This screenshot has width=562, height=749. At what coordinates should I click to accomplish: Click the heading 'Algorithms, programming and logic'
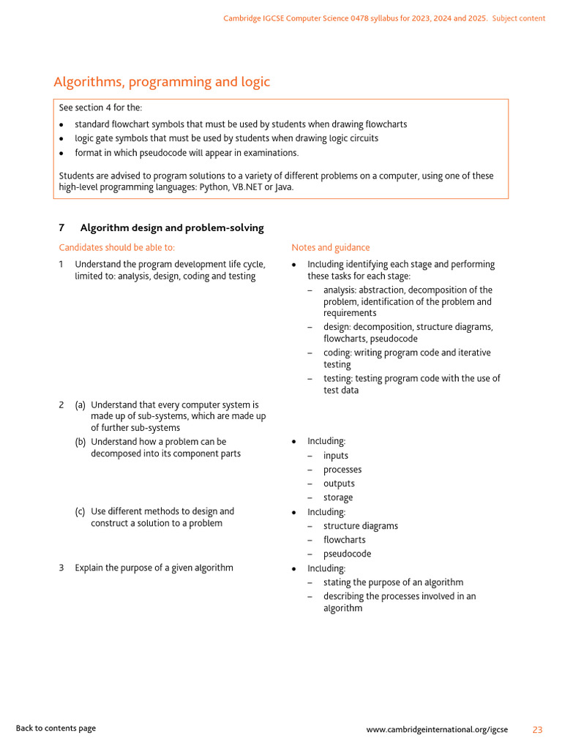click(x=162, y=82)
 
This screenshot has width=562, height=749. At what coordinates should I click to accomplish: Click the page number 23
click(x=537, y=729)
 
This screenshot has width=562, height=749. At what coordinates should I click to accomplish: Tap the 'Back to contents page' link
click(x=56, y=729)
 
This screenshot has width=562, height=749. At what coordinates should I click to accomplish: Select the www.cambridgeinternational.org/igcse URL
click(x=437, y=729)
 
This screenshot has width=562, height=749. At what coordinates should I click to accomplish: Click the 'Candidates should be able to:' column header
click(x=117, y=248)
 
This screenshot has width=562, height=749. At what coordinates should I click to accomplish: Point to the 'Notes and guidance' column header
click(x=331, y=248)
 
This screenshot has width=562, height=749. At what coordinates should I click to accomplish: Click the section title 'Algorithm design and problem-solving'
click(x=172, y=228)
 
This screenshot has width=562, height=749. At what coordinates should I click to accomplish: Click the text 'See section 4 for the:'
click(x=100, y=108)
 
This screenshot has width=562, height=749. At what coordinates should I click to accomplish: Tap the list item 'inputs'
click(x=336, y=456)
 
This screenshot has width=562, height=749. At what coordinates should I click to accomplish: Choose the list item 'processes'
click(x=342, y=470)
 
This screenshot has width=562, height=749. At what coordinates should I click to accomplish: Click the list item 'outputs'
click(x=339, y=483)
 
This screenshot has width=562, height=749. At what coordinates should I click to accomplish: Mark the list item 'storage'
click(x=338, y=497)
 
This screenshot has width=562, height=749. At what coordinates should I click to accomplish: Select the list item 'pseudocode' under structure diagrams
click(x=347, y=554)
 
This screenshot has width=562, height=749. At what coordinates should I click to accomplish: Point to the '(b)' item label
click(x=80, y=442)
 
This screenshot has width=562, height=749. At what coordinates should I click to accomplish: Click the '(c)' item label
click(x=80, y=512)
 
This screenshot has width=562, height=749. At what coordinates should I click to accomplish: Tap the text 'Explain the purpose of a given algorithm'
click(x=154, y=568)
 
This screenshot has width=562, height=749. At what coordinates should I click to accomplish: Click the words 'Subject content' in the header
click(x=519, y=18)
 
